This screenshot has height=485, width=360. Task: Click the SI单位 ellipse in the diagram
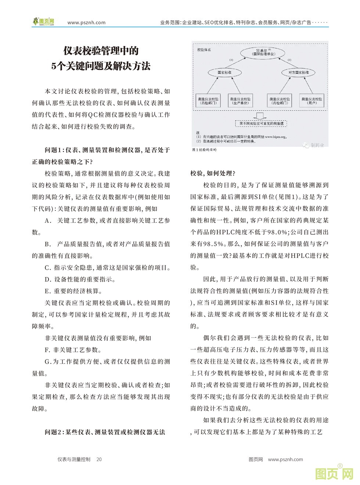(x=264, y=52)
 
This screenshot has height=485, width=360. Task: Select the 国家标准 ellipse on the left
(x=224, y=72)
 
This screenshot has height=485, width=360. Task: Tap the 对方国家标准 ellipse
(x=298, y=72)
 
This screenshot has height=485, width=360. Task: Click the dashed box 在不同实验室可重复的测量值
(x=261, y=124)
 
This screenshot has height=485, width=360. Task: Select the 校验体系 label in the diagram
(x=204, y=49)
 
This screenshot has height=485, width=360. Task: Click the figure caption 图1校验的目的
(x=205, y=150)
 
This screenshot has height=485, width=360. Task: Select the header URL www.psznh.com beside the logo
(x=87, y=22)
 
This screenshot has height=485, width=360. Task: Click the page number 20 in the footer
(x=99, y=459)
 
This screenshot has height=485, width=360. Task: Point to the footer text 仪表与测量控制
(x=74, y=459)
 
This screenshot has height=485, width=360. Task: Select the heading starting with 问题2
(x=105, y=432)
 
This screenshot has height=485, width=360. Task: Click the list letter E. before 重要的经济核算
(x=47, y=291)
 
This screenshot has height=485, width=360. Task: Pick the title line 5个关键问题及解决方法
(x=101, y=66)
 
